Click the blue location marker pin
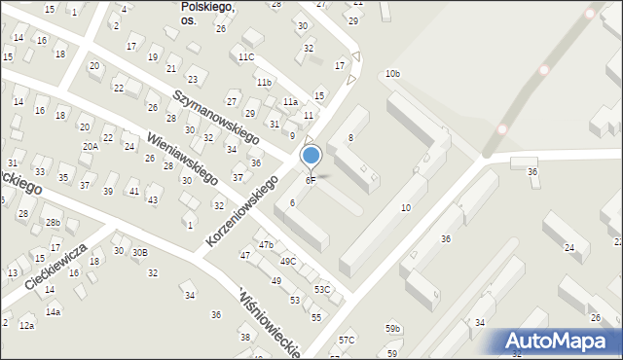(311, 157)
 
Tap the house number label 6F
(311, 180)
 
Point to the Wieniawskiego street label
(182, 157)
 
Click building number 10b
(391, 74)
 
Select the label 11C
(245, 57)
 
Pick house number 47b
(266, 244)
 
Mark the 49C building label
(287, 262)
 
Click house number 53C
(321, 290)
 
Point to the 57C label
(347, 340)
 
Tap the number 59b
(392, 329)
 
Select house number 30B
(140, 252)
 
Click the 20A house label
(90, 146)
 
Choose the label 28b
(53, 223)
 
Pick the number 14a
(53, 312)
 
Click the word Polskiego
(207, 6)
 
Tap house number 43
(152, 200)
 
